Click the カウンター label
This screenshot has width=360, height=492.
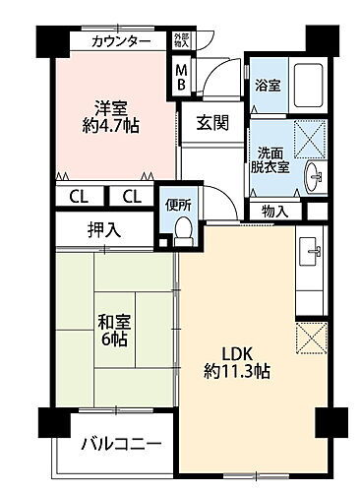122,41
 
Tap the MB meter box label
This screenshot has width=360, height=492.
181,77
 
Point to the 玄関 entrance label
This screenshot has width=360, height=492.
210,123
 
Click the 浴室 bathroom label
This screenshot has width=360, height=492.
268,85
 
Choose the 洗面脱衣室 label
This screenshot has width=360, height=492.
271,158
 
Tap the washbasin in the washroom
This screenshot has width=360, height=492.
314,177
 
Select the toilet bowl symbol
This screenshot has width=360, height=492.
182,229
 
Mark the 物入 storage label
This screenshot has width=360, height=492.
276,211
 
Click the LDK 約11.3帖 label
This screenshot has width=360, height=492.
238,363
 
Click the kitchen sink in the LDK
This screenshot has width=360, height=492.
311,250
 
